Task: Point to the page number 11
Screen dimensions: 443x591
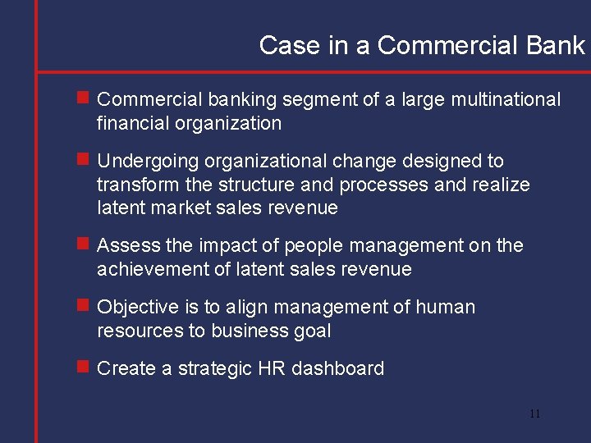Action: click(534, 413)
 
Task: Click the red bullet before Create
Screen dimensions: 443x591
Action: click(83, 367)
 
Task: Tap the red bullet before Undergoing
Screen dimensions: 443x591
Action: click(83, 159)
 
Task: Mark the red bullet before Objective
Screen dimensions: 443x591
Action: click(83, 305)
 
